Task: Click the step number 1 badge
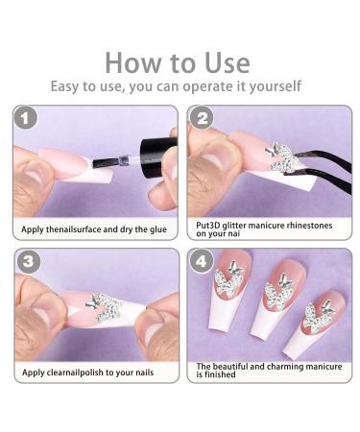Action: pos(25,119)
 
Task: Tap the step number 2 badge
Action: pos(202,118)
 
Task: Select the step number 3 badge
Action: pos(28,261)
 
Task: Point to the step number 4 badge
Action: pos(202,261)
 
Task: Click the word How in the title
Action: pos(132,62)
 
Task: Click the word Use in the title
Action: pos(228,62)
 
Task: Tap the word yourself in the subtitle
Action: pos(276,86)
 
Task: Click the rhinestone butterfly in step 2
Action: pos(282,157)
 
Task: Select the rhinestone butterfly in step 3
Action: pos(105,307)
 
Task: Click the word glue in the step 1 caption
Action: pos(158,229)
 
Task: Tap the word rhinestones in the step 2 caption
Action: pos(309,226)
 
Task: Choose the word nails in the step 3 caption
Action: pos(144,372)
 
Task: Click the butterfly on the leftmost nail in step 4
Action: pos(228,277)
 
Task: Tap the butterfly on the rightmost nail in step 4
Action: pos(318,314)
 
